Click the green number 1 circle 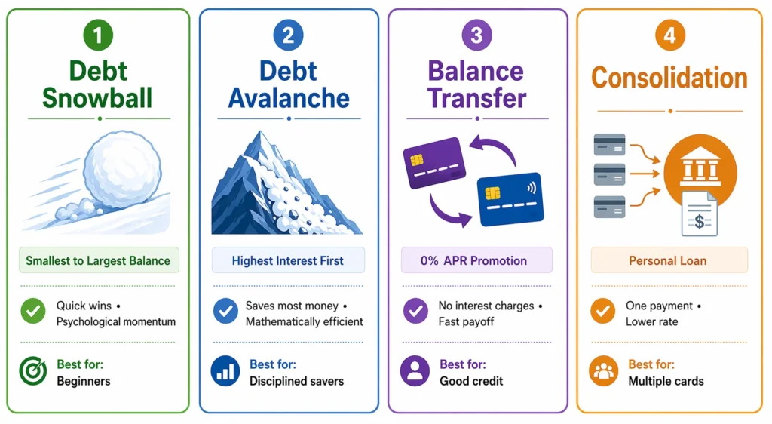98,35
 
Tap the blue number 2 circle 289,35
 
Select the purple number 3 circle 476,35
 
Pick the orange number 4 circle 669,35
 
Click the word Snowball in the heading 97,97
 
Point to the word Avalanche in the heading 289,97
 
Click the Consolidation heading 669,78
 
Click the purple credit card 433,162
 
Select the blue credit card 512,198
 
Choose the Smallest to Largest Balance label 98,261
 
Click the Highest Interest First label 288,261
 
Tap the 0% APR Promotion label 476,261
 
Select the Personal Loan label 668,261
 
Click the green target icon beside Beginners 34,373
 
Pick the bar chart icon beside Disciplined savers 225,373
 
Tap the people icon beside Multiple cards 603,373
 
